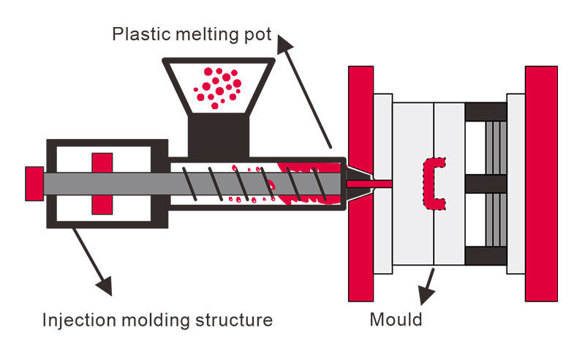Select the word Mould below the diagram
pyautogui.click(x=396, y=320)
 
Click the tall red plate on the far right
pyautogui.click(x=541, y=183)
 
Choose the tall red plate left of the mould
pyautogui.click(x=361, y=183)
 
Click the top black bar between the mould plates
pyautogui.click(x=486, y=112)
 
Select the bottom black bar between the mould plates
pyautogui.click(x=486, y=255)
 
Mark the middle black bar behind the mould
pyautogui.click(x=486, y=183)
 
